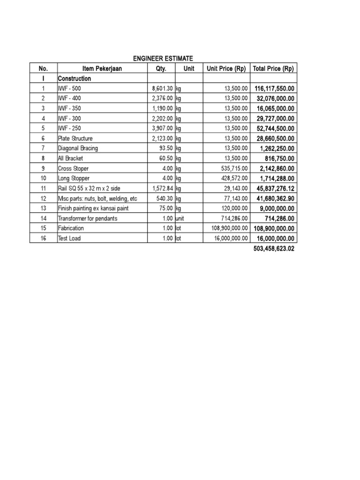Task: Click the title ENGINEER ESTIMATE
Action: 163,58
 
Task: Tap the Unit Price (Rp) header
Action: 226,68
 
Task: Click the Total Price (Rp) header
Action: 273,68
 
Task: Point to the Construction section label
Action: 75,79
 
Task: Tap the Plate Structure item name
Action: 75,138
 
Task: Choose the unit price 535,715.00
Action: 232,168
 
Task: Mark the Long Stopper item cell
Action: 74,178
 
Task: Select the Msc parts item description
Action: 97,198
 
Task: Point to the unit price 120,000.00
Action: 232,208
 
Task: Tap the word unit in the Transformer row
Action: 180,218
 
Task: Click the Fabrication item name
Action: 71,228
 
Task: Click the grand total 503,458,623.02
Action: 273,248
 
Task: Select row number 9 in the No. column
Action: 43,168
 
